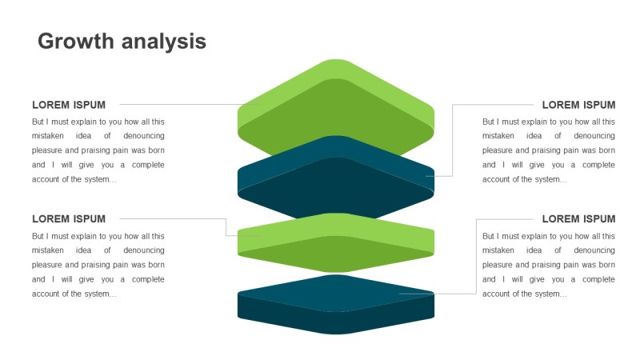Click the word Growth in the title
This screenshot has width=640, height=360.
pyautogui.click(x=76, y=42)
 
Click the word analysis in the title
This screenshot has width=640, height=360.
pyautogui.click(x=163, y=42)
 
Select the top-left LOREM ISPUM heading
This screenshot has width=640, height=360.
pyautogui.click(x=69, y=105)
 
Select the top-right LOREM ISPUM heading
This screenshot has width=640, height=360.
pyautogui.click(x=578, y=105)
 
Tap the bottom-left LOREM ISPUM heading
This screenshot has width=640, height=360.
pyautogui.click(x=69, y=219)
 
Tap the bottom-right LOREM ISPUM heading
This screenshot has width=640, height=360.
pyautogui.click(x=578, y=219)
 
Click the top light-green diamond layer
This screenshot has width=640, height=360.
pyautogui.click(x=336, y=108)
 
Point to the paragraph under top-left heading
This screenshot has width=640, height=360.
pyautogui.click(x=98, y=150)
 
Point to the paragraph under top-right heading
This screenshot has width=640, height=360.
pyautogui.click(x=549, y=150)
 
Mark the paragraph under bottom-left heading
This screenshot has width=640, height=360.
pyautogui.click(x=98, y=265)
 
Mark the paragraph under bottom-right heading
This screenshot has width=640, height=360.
pyautogui.click(x=549, y=265)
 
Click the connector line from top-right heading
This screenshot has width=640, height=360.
pyautogui.click(x=453, y=140)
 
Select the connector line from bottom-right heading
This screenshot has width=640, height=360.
pyautogui.click(x=477, y=256)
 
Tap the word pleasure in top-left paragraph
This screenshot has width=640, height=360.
pyautogui.click(x=50, y=150)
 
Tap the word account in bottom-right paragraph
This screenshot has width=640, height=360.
pyautogui.click(x=498, y=294)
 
